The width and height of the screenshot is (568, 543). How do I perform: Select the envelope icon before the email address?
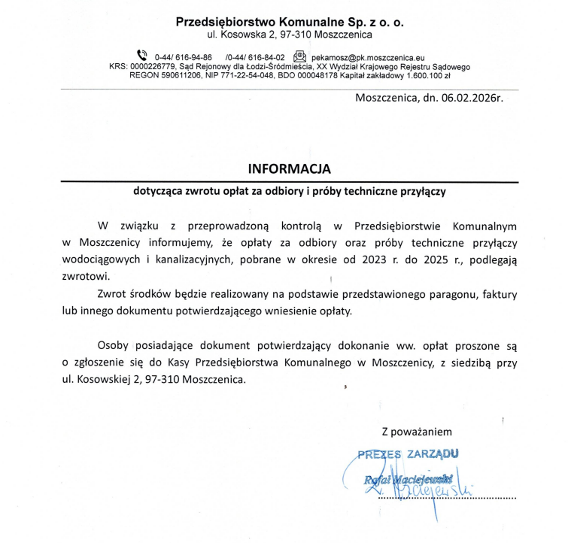point(299,55)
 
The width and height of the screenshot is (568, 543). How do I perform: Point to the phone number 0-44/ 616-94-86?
point(183,57)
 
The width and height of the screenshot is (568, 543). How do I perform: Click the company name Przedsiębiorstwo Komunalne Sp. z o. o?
point(290,22)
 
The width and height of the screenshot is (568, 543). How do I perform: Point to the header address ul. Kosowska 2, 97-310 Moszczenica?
point(290,35)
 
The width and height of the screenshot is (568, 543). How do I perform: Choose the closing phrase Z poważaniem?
point(417,432)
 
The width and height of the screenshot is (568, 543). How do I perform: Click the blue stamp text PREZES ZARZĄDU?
point(407,454)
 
